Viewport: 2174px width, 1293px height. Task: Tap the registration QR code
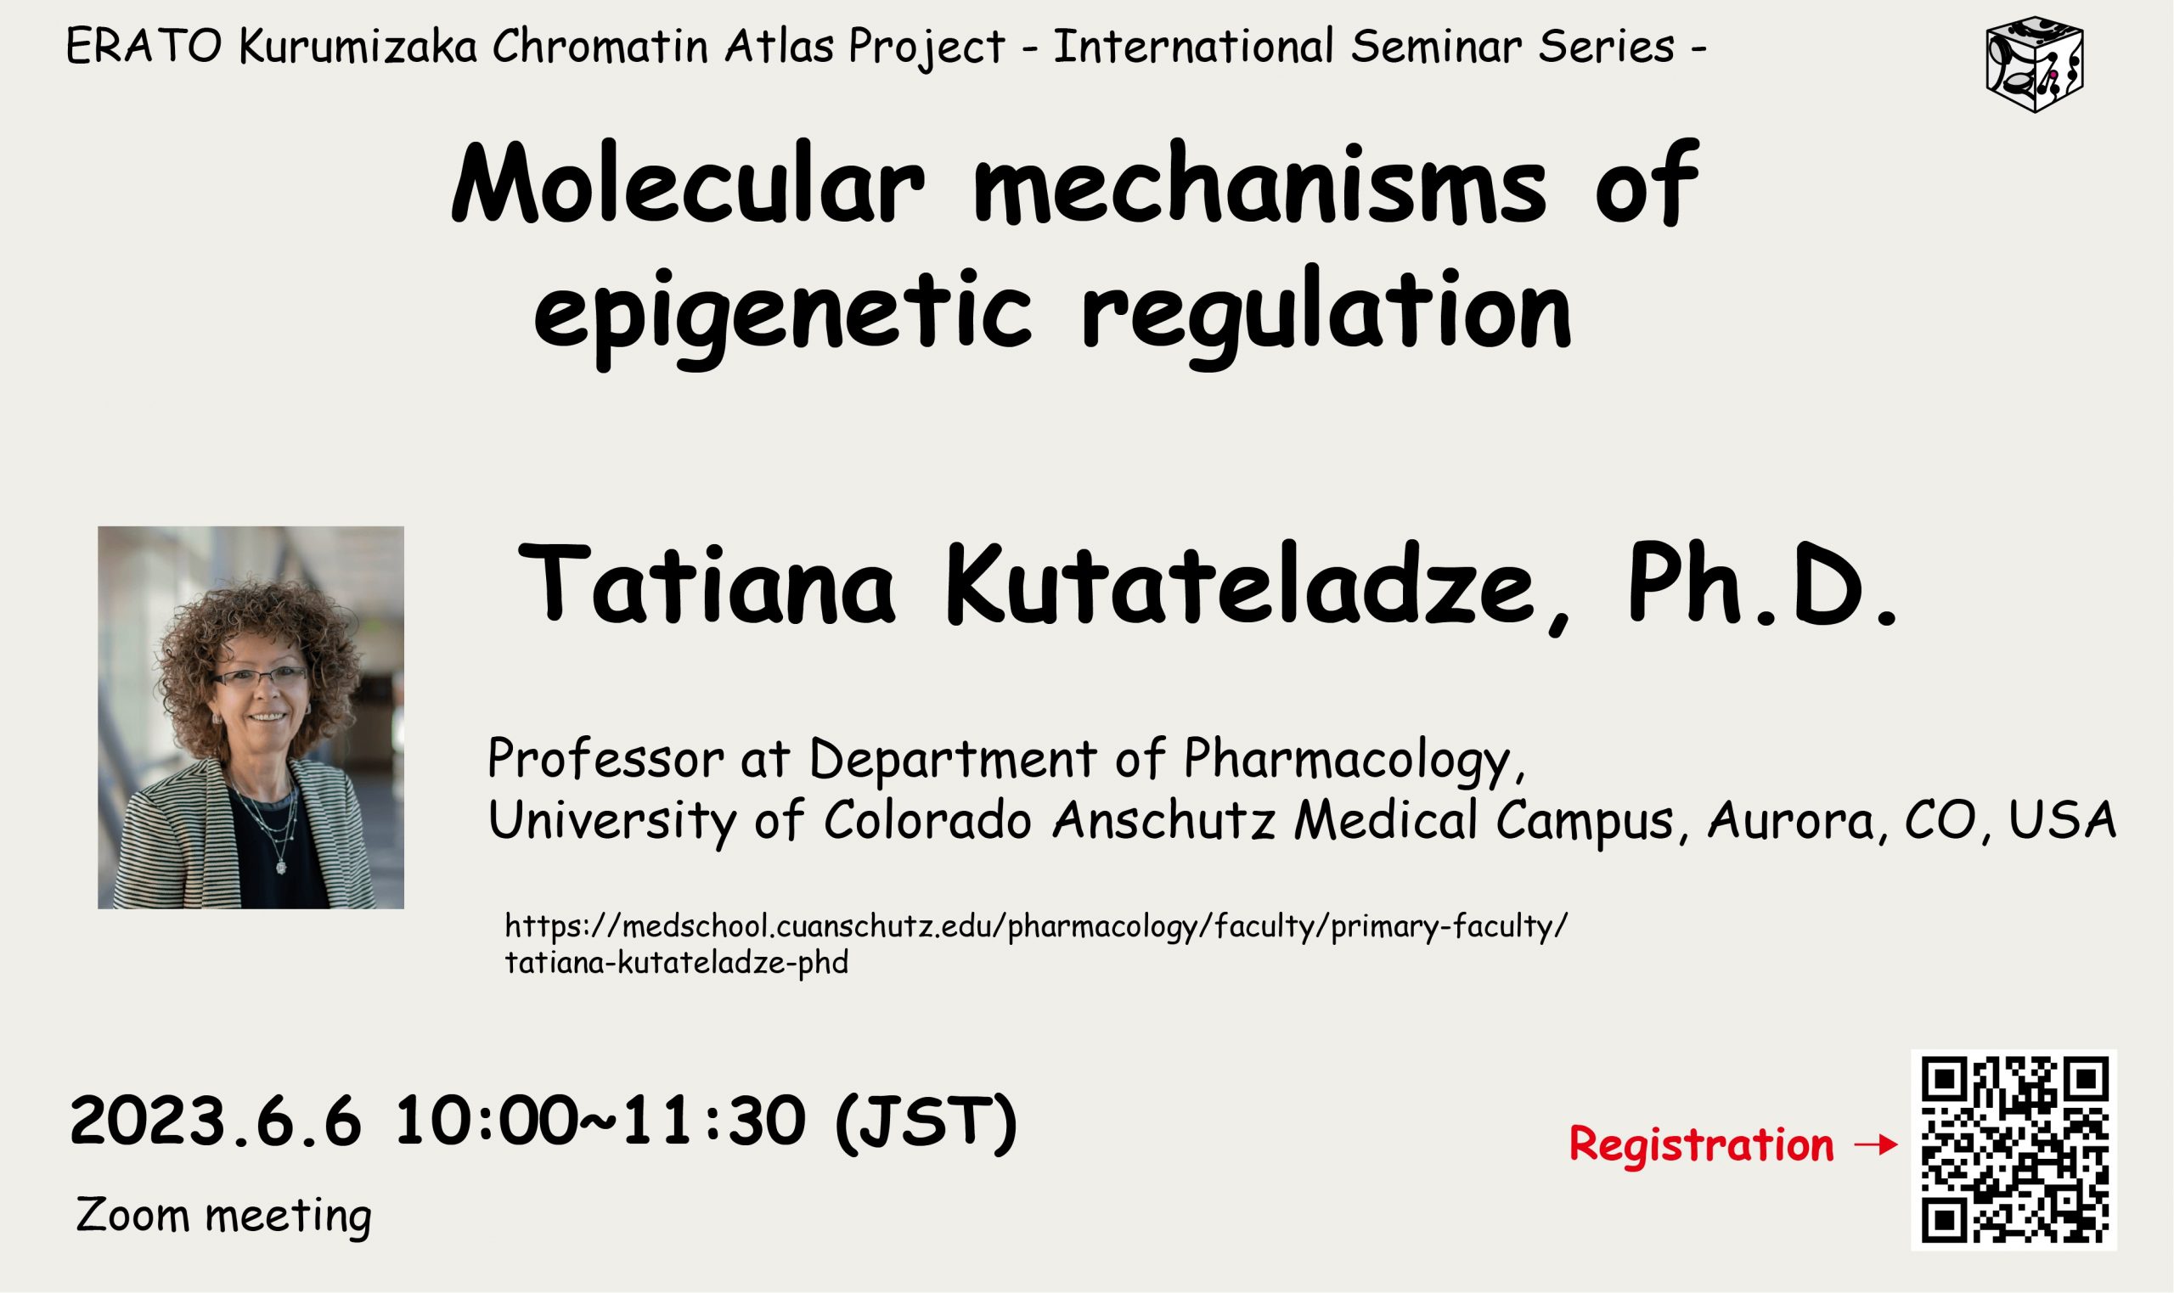click(2014, 1150)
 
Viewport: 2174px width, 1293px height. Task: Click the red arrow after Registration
click(1875, 1145)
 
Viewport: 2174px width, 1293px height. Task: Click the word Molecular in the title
click(687, 184)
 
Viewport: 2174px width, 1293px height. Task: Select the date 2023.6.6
click(214, 1122)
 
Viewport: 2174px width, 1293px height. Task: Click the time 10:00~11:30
click(600, 1122)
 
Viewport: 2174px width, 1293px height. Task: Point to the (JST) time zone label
click(926, 1123)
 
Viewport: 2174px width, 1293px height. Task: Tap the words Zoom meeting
click(224, 1216)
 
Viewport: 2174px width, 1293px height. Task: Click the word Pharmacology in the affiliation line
click(1352, 759)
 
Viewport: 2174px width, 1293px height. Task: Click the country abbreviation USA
click(2062, 820)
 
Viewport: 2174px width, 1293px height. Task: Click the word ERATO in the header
click(144, 47)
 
